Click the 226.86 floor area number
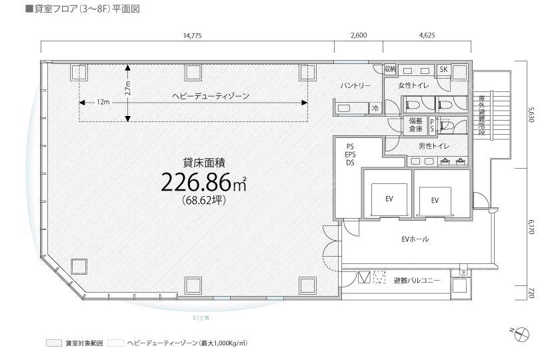[x=196, y=183]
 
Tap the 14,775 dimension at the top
[x=193, y=35]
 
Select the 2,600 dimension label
[x=359, y=35]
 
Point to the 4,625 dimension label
[x=427, y=35]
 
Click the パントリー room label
[x=355, y=86]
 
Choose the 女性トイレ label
[x=413, y=86]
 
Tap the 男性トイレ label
[x=434, y=146]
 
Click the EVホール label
[x=415, y=239]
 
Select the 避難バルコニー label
[x=417, y=281]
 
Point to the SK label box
[x=443, y=69]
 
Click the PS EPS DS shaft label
[x=350, y=155]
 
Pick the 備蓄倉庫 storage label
[x=416, y=125]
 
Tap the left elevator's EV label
[x=389, y=199]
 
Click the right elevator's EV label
[x=435, y=201]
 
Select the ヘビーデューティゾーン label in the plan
[x=211, y=96]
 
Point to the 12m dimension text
[x=103, y=103]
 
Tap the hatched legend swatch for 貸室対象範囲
[x=54, y=343]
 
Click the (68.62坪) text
[x=204, y=201]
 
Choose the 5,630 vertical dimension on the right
[x=531, y=114]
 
